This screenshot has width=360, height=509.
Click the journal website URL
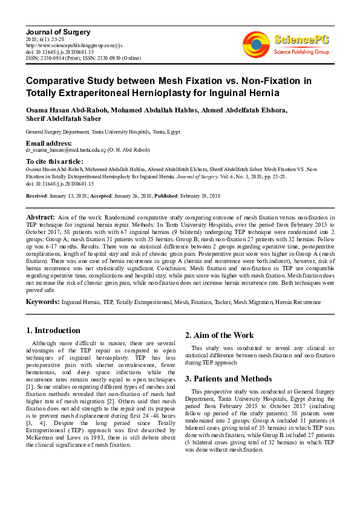(74, 45)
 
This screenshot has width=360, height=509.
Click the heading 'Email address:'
(49, 143)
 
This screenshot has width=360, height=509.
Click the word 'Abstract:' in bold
(41, 216)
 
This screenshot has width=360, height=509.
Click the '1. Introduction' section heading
(53, 331)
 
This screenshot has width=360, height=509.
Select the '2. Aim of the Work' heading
(219, 336)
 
